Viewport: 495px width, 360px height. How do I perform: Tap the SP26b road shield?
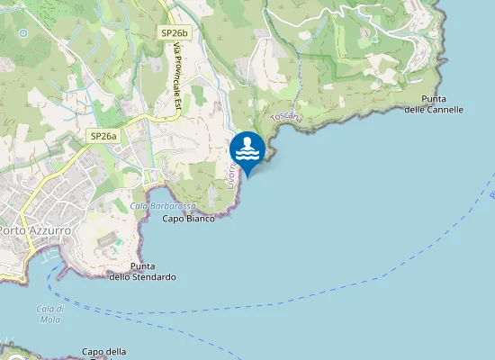[175, 32]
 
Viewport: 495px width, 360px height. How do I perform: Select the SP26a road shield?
[103, 136]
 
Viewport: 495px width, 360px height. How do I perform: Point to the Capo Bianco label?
[188, 219]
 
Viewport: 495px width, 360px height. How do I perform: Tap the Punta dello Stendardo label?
[142, 272]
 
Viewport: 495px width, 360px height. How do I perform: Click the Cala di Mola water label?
[49, 314]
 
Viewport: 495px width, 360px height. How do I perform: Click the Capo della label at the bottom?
[103, 351]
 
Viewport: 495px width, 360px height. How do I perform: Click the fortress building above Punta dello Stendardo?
[108, 242]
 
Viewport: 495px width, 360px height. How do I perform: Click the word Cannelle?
[446, 109]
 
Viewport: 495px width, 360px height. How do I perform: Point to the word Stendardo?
[152, 277]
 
